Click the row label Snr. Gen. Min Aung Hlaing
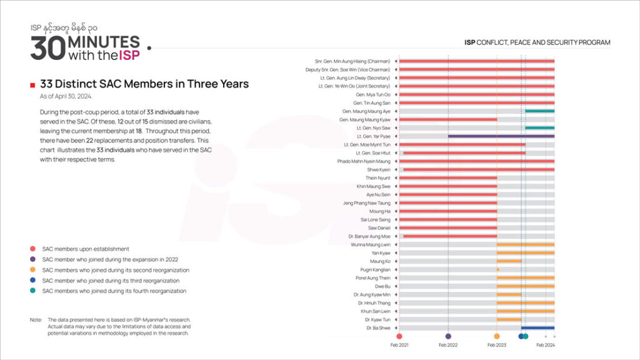(353, 61)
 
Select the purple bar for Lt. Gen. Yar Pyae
(501, 136)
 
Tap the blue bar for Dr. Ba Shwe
(537, 327)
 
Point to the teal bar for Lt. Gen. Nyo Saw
(539, 127)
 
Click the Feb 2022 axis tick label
(448, 345)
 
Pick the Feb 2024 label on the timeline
(546, 345)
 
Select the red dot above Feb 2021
(399, 336)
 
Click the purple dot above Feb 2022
(448, 336)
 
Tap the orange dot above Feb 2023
(497, 336)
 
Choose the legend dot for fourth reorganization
(32, 291)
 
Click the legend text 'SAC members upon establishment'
(86, 249)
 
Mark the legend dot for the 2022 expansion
(32, 259)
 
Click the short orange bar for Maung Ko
(509, 261)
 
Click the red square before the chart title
(32, 84)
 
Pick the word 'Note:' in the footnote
(36, 320)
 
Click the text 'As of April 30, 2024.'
(66, 96)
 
